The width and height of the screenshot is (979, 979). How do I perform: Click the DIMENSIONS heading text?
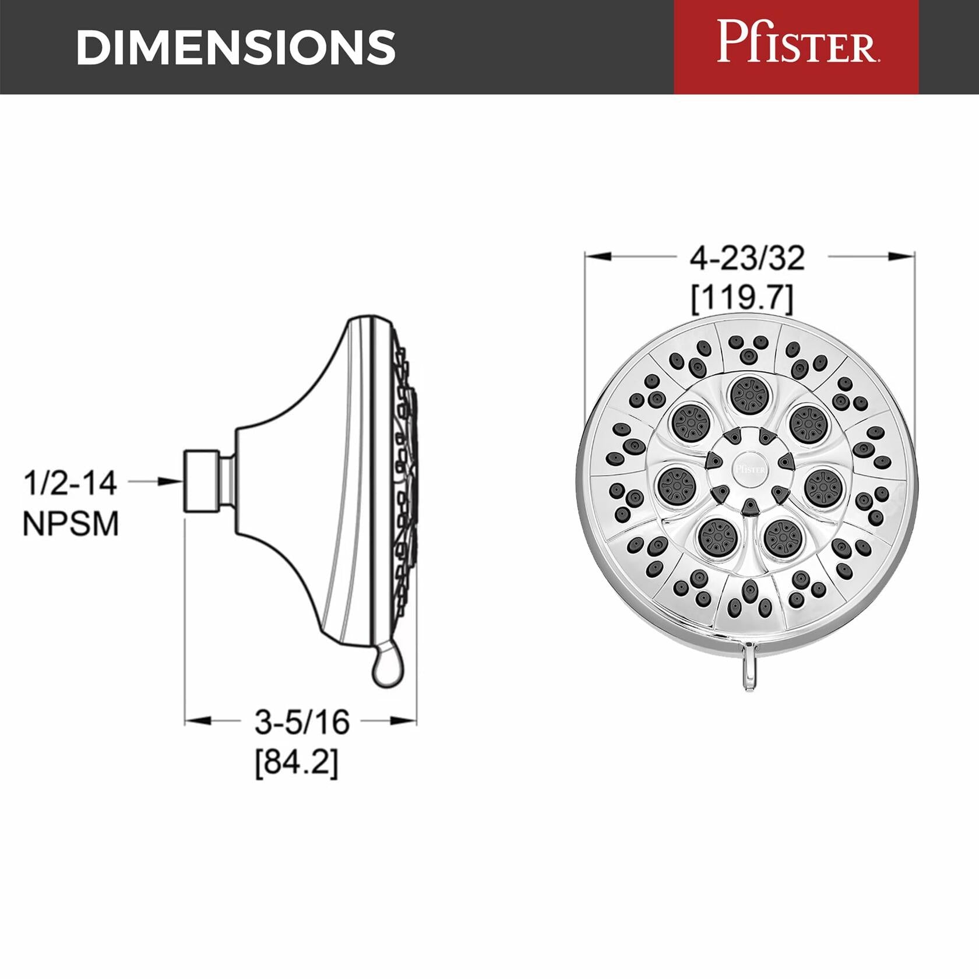tap(236, 47)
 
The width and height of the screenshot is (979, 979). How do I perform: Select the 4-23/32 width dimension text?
tap(747, 258)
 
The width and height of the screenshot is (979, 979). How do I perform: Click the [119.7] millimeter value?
tap(742, 298)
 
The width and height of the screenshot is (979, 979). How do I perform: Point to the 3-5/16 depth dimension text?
tap(302, 721)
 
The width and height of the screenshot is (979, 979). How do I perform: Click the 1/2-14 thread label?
tap(70, 483)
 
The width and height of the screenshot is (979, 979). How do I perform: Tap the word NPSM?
tap(71, 523)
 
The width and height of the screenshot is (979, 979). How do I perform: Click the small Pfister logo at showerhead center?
tap(750, 468)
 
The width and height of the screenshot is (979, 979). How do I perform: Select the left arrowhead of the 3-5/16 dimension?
tap(196, 721)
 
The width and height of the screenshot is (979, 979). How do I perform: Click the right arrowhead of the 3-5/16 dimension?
tap(405, 721)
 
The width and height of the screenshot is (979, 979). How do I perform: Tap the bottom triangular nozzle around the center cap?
tap(750, 507)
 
